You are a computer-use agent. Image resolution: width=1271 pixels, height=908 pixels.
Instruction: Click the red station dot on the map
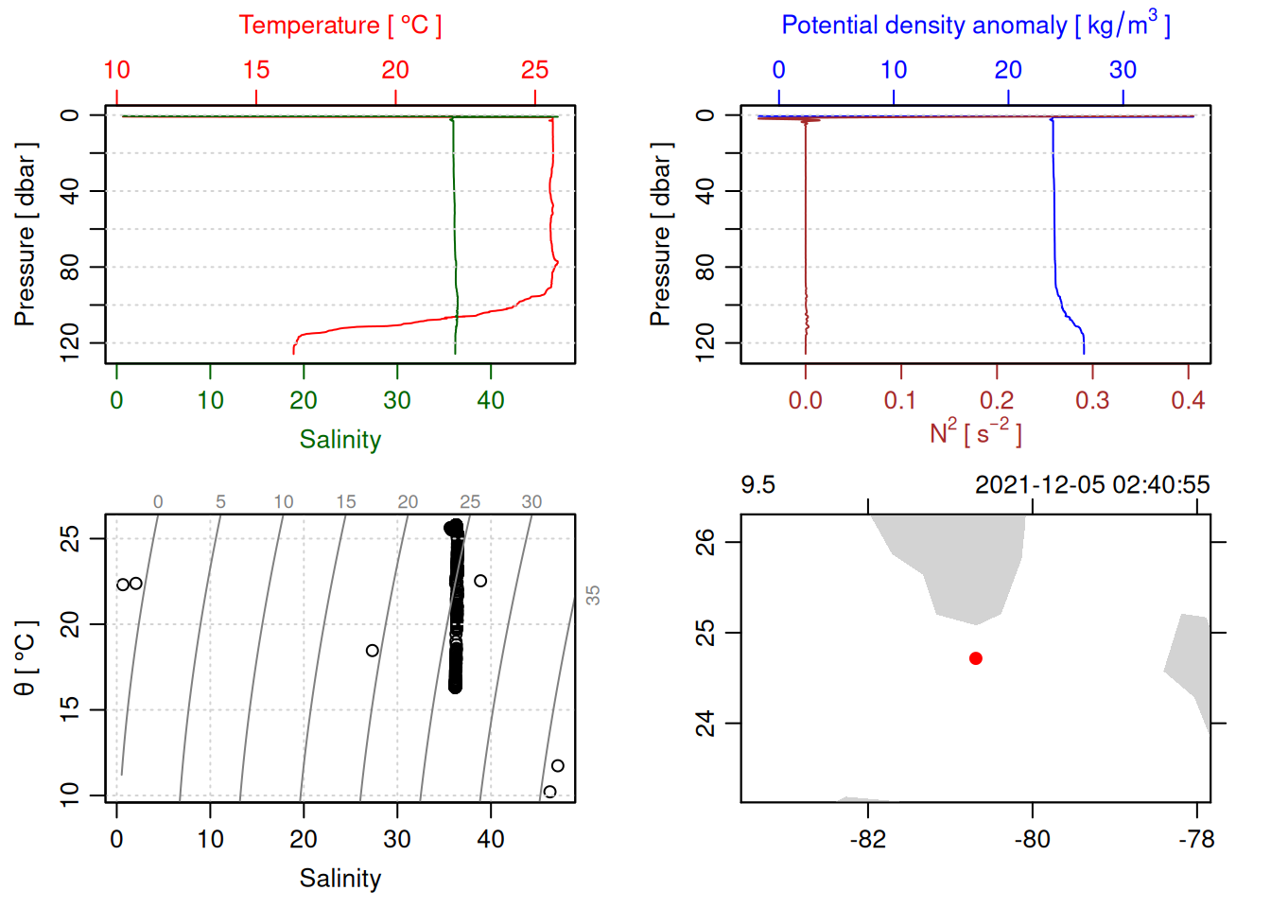pos(975,658)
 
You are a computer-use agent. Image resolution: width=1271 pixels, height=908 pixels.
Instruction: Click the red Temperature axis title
pos(340,26)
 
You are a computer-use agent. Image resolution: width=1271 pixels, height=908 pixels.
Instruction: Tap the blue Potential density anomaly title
pos(975,25)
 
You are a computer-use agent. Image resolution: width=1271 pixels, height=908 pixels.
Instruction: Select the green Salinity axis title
pos(340,440)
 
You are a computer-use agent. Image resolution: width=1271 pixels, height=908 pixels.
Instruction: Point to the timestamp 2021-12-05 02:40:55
pos(1092,485)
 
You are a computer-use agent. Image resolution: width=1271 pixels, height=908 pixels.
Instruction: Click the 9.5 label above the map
pos(757,485)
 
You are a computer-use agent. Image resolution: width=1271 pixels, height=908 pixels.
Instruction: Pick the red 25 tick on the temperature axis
pos(535,70)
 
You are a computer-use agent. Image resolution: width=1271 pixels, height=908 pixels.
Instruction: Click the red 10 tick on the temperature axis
pos(116,70)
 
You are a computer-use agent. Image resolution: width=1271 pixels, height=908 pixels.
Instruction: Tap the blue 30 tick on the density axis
pos(1123,70)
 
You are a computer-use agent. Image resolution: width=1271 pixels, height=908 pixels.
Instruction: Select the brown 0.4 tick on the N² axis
pos(1188,401)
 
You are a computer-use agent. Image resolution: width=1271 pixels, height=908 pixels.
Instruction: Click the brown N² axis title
pos(975,433)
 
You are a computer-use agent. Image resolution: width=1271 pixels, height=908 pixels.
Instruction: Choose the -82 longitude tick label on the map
pos(868,840)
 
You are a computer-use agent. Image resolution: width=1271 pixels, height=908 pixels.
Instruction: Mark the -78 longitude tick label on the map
pos(1196,840)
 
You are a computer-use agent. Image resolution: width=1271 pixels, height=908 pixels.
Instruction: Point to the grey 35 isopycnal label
pos(593,595)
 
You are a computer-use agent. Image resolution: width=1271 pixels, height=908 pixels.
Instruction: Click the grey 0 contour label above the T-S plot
pos(158,502)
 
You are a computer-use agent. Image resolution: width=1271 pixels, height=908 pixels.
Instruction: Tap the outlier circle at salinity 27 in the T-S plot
pos(373,651)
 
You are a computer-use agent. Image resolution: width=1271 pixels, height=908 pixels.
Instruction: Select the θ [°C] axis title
pos(26,658)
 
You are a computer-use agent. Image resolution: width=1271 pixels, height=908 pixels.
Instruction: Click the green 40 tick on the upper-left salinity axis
pos(491,401)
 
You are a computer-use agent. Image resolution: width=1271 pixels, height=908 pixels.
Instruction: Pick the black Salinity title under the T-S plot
pos(340,879)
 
